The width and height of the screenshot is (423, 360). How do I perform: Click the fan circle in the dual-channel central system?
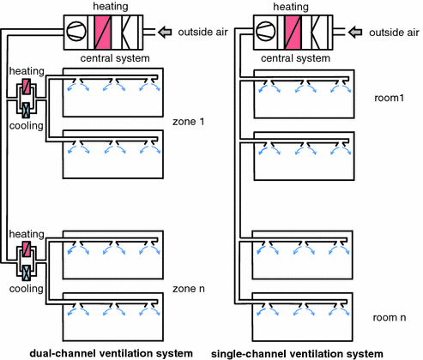click(76, 31)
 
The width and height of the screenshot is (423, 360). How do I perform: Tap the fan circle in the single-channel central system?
click(266, 32)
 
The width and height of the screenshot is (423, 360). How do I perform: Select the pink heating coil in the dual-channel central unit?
click(103, 33)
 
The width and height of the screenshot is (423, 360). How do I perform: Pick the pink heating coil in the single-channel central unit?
click(293, 33)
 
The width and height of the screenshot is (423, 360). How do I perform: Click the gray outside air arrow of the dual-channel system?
click(165, 32)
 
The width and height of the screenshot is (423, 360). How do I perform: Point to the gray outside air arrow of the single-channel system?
click(355, 32)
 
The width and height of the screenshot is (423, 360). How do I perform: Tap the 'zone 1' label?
click(189, 122)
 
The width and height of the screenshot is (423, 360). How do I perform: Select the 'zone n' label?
click(189, 289)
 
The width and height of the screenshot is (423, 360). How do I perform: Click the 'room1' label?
click(390, 98)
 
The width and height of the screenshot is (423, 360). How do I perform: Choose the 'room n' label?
click(390, 318)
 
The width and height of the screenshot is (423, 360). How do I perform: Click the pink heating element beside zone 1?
click(27, 87)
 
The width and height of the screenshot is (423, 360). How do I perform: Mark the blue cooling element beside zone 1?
click(27, 111)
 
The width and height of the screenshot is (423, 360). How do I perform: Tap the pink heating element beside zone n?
click(27, 249)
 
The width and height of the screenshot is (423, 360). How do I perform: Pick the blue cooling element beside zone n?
click(27, 273)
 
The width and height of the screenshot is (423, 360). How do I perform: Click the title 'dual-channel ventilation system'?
click(111, 354)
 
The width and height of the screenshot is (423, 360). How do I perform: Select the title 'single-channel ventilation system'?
click(297, 354)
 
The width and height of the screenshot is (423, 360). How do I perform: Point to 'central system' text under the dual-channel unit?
click(115, 58)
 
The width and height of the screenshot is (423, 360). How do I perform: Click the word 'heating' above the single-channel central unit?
click(291, 7)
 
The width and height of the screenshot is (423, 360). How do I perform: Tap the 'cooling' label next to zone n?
click(27, 289)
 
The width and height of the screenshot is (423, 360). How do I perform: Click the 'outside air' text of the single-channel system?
click(394, 33)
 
